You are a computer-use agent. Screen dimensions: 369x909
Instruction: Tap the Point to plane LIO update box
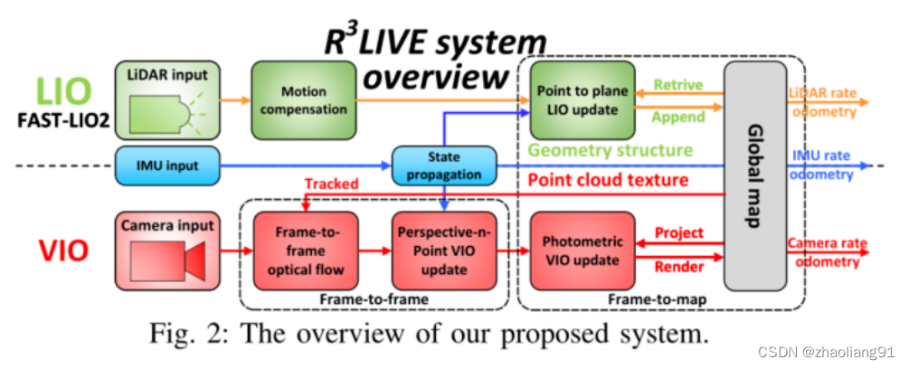pyautogui.click(x=580, y=101)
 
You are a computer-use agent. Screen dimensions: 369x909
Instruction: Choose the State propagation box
pyautogui.click(x=443, y=166)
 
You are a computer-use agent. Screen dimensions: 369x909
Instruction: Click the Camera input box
pyautogui.click(x=166, y=248)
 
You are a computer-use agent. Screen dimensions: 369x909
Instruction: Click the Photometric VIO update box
pyautogui.click(x=581, y=249)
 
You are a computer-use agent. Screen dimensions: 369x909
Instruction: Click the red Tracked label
pyautogui.click(x=331, y=184)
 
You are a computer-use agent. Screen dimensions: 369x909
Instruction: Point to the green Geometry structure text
pyautogui.click(x=611, y=150)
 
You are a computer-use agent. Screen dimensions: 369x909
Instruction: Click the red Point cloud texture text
pyautogui.click(x=608, y=180)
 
